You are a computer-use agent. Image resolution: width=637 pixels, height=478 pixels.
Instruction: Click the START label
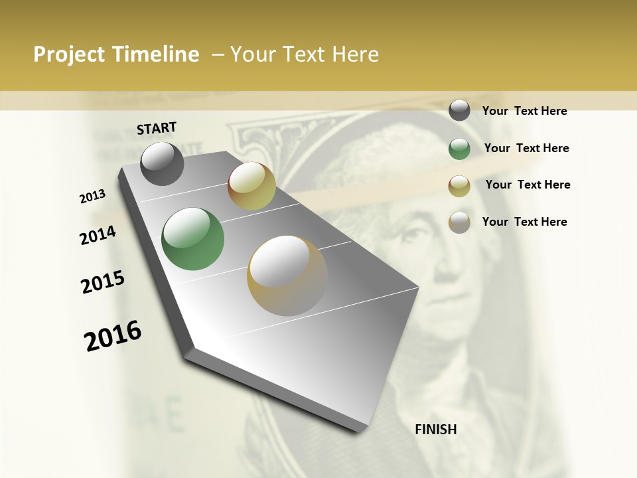tap(157, 128)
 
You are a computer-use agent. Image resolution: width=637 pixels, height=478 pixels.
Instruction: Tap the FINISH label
tap(436, 430)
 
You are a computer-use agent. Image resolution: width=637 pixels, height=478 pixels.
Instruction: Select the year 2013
tap(93, 196)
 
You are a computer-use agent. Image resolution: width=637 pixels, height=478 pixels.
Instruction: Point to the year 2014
tap(98, 235)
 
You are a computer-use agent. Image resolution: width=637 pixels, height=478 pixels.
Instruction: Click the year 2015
tap(103, 282)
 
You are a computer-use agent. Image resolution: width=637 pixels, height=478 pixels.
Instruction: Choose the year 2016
tap(113, 335)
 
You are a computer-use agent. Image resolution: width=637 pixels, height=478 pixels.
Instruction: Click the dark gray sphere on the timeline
tap(162, 164)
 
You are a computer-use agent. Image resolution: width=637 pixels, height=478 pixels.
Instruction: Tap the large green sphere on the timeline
tap(193, 239)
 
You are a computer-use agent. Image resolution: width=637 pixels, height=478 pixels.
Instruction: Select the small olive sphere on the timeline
tap(251, 186)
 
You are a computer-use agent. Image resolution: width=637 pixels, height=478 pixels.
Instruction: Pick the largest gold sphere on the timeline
tap(287, 276)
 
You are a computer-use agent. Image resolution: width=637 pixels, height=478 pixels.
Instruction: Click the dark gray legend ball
tap(459, 110)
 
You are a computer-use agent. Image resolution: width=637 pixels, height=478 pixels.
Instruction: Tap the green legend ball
tap(459, 149)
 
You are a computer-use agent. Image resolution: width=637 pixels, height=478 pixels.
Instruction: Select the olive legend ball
tap(459, 186)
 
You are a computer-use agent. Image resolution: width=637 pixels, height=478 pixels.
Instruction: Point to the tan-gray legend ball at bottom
tap(459, 222)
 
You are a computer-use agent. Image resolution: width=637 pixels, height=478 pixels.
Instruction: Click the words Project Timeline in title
tap(116, 54)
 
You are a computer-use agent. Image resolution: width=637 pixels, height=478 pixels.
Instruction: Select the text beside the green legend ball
tap(526, 148)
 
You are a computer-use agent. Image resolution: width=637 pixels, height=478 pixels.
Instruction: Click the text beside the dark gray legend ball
tap(524, 111)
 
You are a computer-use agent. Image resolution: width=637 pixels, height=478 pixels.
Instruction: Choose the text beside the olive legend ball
tap(528, 185)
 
